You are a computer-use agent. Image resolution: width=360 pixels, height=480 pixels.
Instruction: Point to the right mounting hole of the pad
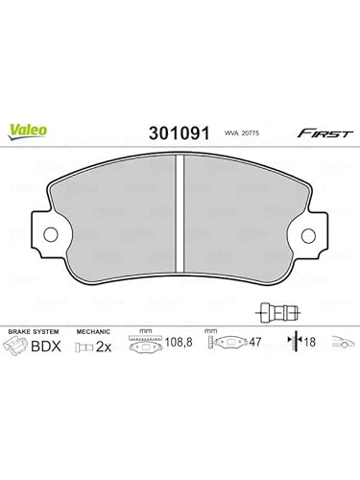click(308, 236)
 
